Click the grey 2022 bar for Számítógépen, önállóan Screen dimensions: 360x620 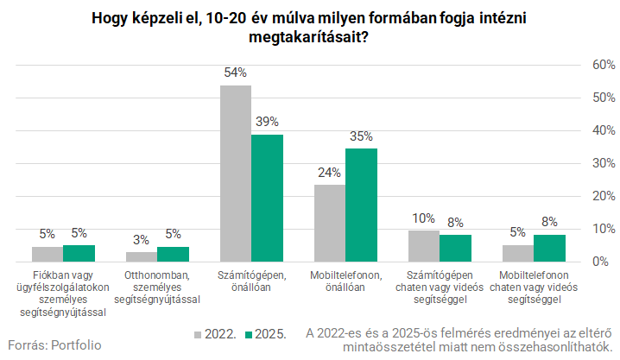coord(235,173)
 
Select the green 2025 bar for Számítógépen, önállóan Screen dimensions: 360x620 coord(267,198)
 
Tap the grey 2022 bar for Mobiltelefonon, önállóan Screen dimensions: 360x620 coord(329,223)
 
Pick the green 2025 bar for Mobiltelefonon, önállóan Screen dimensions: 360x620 coord(361,205)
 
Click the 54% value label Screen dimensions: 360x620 coord(235,74)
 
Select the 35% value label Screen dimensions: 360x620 coord(361,136)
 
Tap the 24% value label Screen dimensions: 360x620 coord(329,173)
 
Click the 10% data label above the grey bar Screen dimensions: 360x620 coord(423,218)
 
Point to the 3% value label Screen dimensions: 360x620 coord(141,240)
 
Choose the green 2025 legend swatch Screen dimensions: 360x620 coord(246,333)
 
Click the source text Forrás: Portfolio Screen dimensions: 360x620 coord(54,345)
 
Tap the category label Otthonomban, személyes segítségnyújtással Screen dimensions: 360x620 coord(156,287)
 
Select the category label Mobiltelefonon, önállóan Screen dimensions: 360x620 coord(345,281)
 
